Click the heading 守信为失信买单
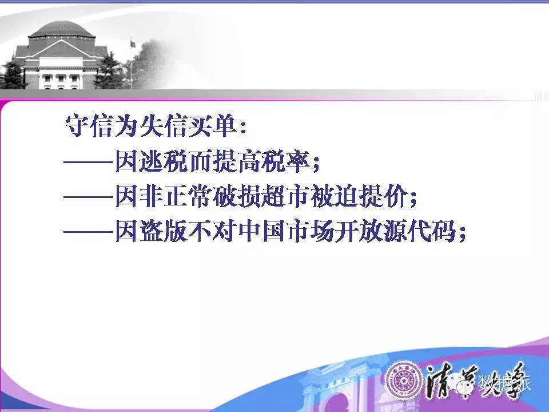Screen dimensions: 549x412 151,126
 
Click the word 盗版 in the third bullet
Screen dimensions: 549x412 163,231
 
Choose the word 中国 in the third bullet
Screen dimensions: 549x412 262,231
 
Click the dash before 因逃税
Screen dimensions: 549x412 89,163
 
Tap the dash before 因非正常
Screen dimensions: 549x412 89,197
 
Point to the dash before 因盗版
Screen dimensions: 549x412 89,232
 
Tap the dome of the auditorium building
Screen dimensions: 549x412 62,29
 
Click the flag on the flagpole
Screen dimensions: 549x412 133,44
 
